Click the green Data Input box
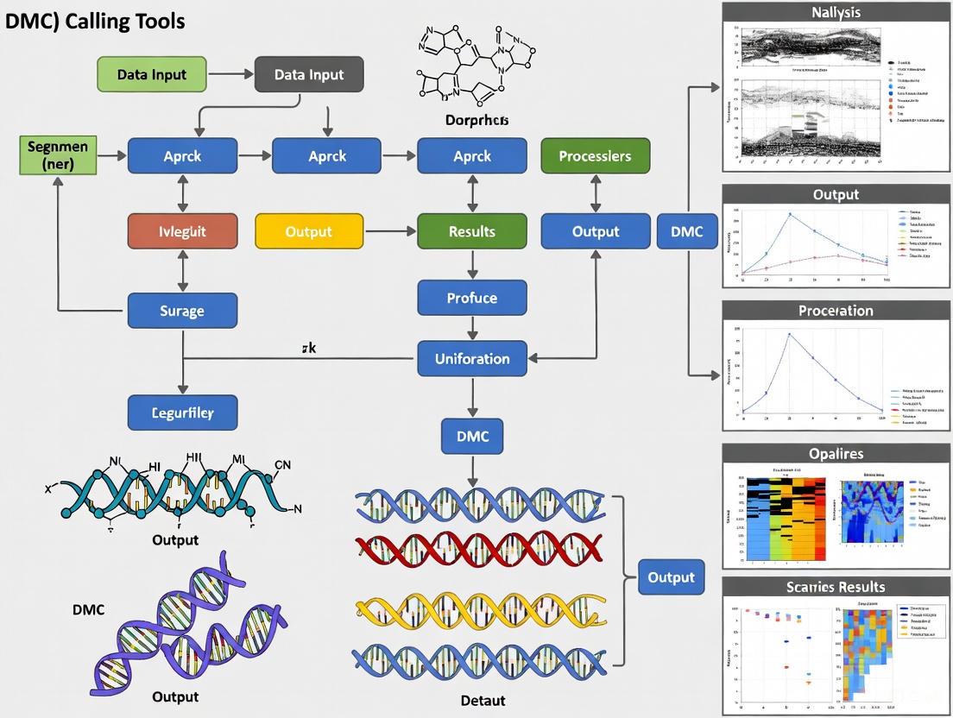coord(152,74)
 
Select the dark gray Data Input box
coord(309,74)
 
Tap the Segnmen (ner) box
coord(57,155)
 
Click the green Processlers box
coord(595,156)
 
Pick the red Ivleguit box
coord(182,231)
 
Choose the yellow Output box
coord(308,231)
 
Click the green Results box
coord(471,231)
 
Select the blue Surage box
coord(182,310)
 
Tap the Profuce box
coord(471,298)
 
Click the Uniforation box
coord(471,358)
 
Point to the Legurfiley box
coord(182,413)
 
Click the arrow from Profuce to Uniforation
coord(471,328)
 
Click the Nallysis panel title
coord(836,12)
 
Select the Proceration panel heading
coord(836,311)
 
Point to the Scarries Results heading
coord(836,587)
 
